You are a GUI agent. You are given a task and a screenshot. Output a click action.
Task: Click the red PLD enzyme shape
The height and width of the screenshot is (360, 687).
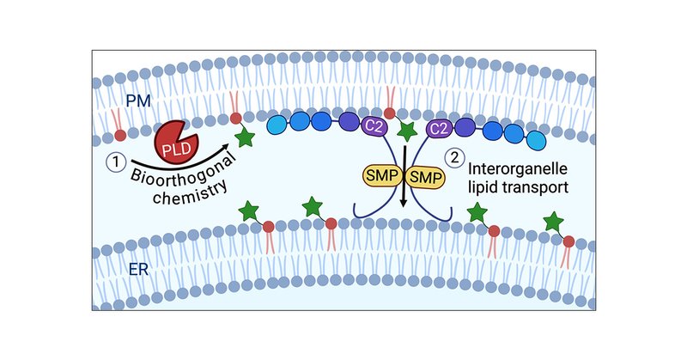(175, 139)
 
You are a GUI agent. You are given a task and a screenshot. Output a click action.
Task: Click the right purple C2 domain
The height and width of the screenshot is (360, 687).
(440, 129)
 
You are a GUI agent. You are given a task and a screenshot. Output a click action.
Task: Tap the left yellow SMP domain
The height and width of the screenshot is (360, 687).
(380, 177)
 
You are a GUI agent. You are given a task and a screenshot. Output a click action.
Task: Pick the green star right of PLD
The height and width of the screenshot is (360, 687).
(245, 137)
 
